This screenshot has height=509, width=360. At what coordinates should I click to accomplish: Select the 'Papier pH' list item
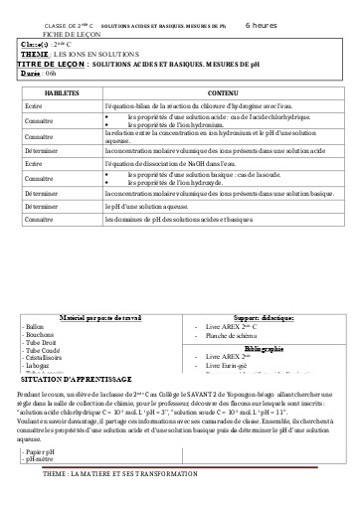pyautogui.click(x=42, y=452)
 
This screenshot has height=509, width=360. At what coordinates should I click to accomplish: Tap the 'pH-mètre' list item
pyautogui.click(x=41, y=460)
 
